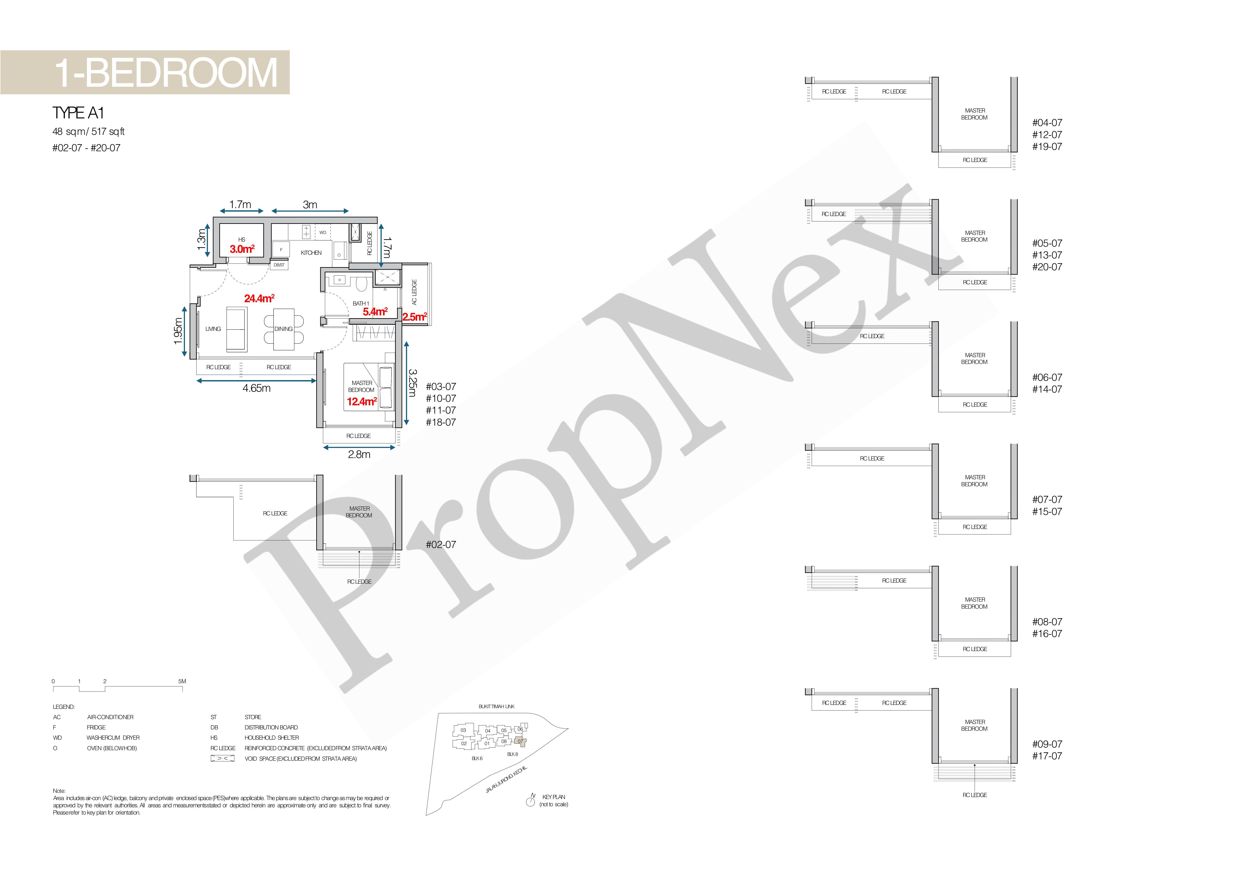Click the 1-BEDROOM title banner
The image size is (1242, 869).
click(145, 72)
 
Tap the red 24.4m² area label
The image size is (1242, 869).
click(259, 298)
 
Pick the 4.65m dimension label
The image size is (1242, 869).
click(256, 388)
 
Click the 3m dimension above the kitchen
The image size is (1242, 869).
click(310, 204)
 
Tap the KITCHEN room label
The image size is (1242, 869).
click(311, 253)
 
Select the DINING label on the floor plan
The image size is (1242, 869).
click(283, 329)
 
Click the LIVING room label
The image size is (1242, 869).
click(213, 329)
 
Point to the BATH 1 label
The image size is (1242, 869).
click(361, 303)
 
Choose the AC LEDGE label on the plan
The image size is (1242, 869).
click(414, 292)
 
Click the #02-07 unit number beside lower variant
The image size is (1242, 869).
click(441, 544)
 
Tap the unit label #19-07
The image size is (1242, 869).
click(1047, 147)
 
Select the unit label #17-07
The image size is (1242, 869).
click(1047, 756)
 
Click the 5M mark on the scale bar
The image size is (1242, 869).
click(182, 681)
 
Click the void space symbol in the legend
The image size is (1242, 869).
click(222, 759)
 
